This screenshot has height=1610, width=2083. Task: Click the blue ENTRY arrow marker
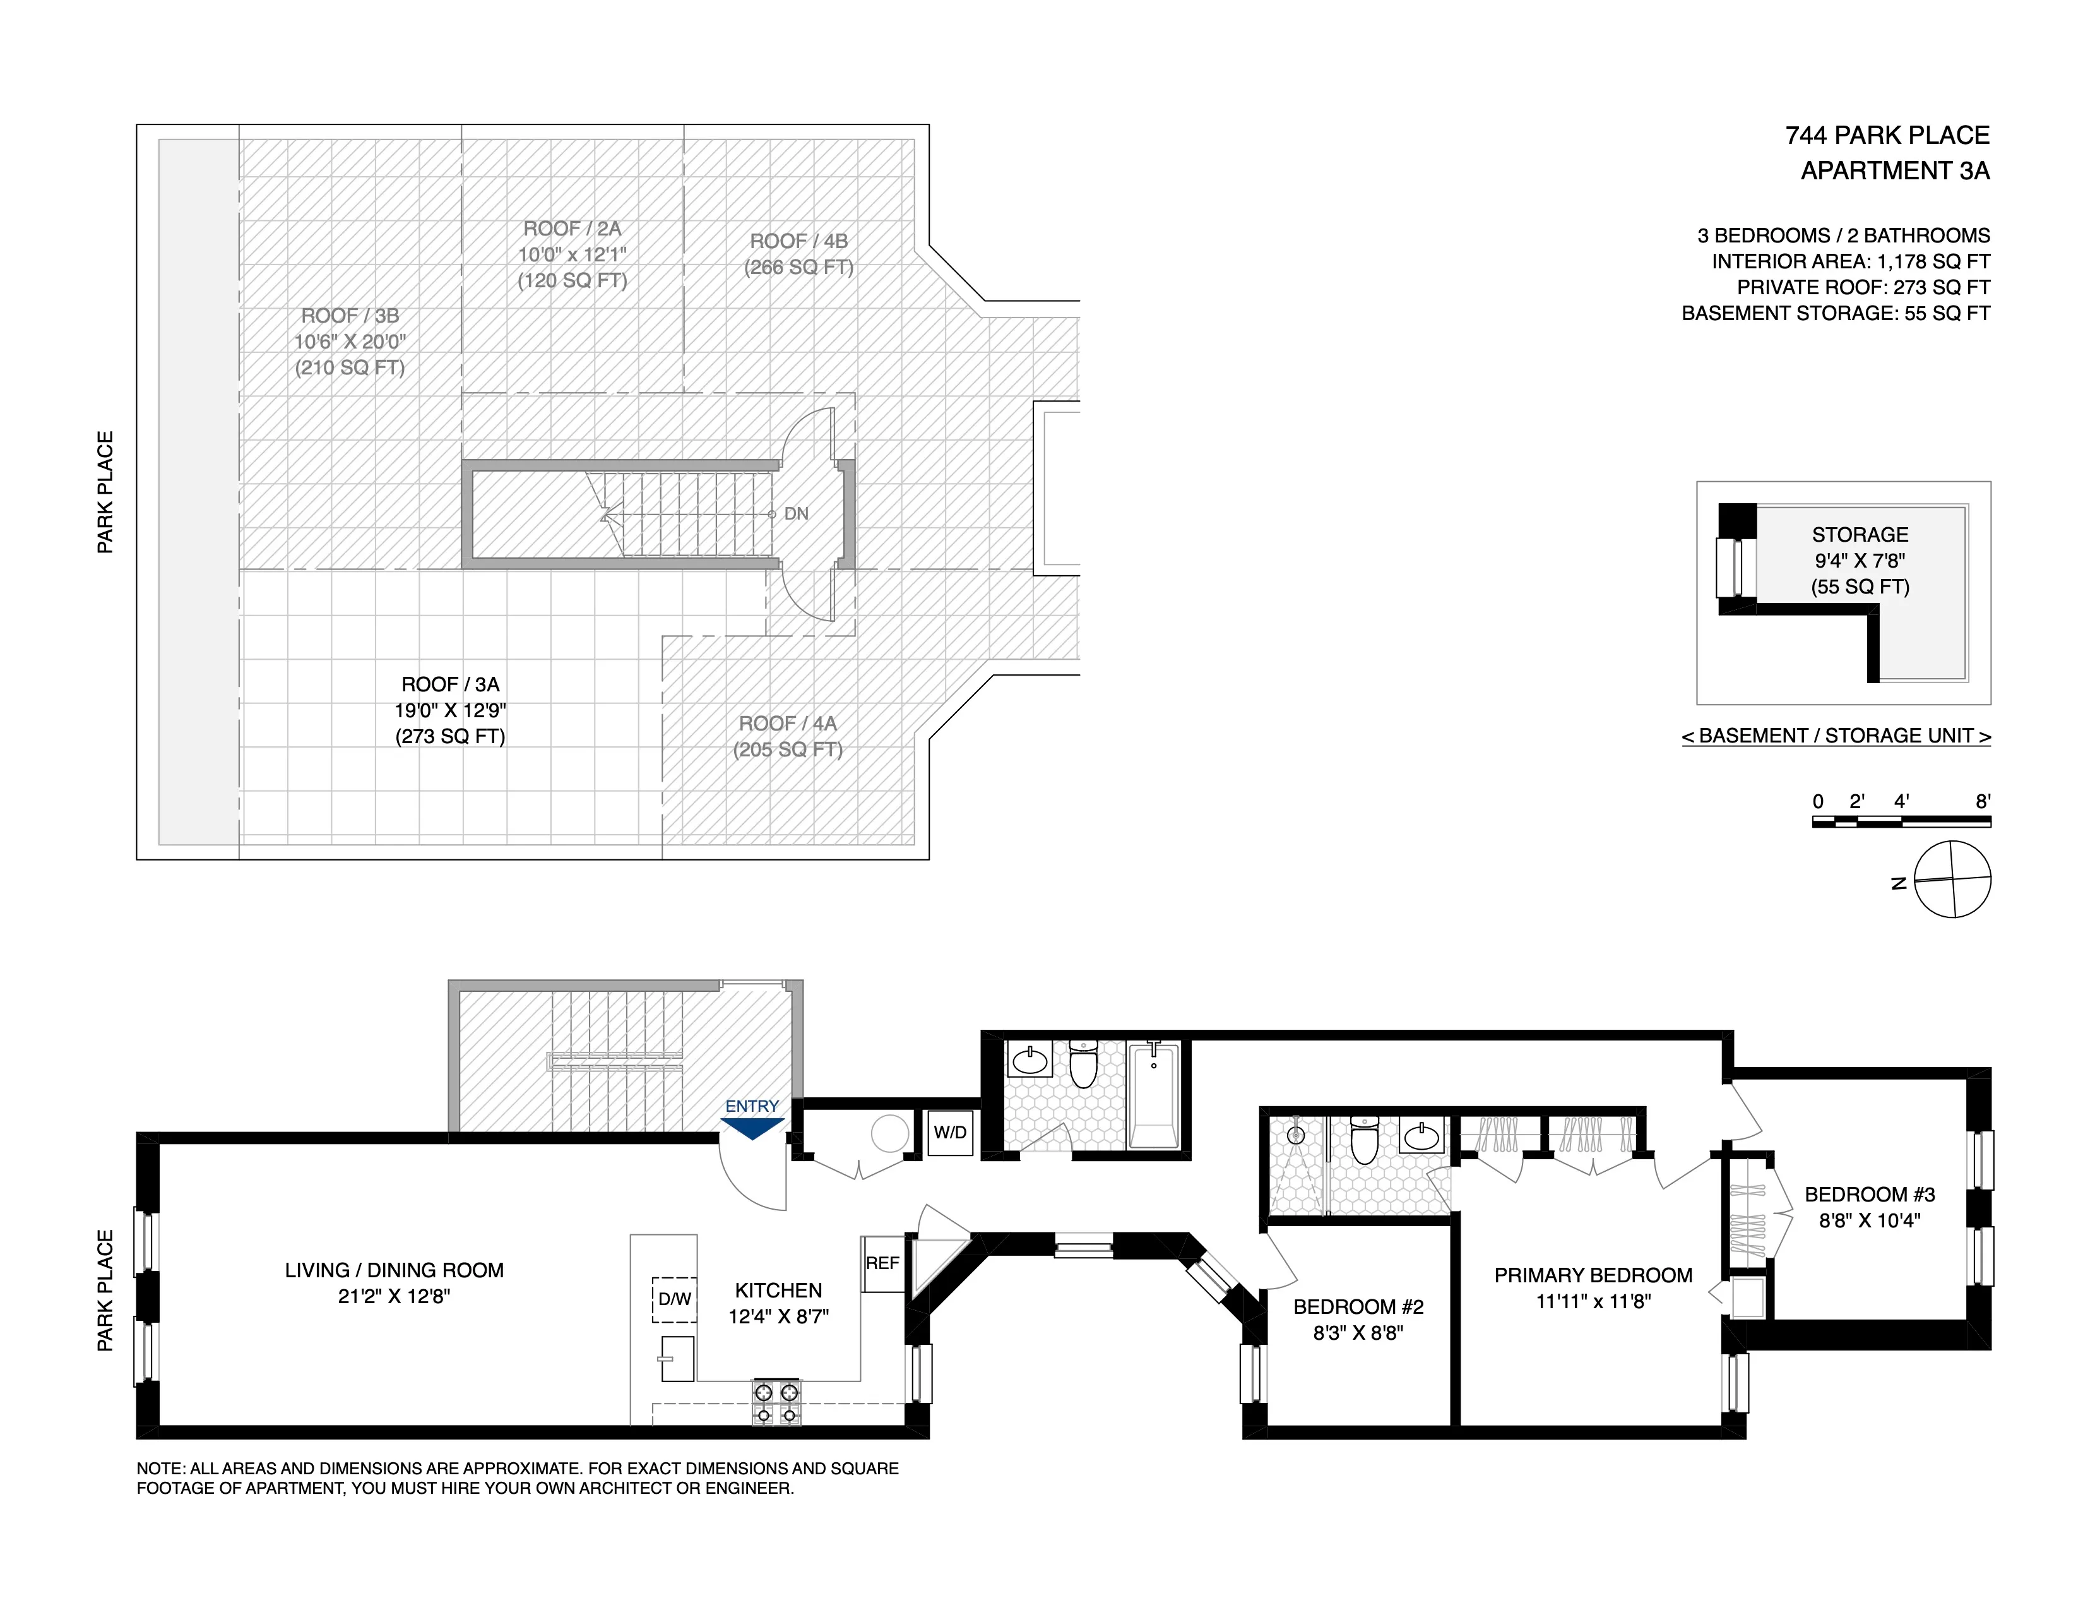click(752, 1128)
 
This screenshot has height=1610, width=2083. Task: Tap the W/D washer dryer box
click(950, 1133)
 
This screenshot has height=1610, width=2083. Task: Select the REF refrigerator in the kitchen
click(882, 1264)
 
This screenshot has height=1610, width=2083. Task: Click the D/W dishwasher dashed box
click(674, 1299)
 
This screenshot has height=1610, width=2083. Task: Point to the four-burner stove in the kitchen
click(776, 1402)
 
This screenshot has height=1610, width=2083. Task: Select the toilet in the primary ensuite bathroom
click(1365, 1141)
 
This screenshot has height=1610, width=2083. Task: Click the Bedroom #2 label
click(1358, 1307)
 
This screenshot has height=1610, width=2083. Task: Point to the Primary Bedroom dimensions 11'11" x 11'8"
click(1593, 1301)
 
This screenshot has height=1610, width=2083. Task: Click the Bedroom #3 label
click(1870, 1194)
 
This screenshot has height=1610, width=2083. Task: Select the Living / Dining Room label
click(394, 1270)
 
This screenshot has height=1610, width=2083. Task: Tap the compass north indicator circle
click(1952, 880)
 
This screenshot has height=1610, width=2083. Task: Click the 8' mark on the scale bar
click(1983, 802)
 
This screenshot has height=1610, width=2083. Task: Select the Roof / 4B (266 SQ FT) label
click(798, 254)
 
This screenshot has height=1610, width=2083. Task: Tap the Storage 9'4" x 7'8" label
click(1860, 560)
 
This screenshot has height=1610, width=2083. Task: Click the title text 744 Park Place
click(1887, 136)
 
